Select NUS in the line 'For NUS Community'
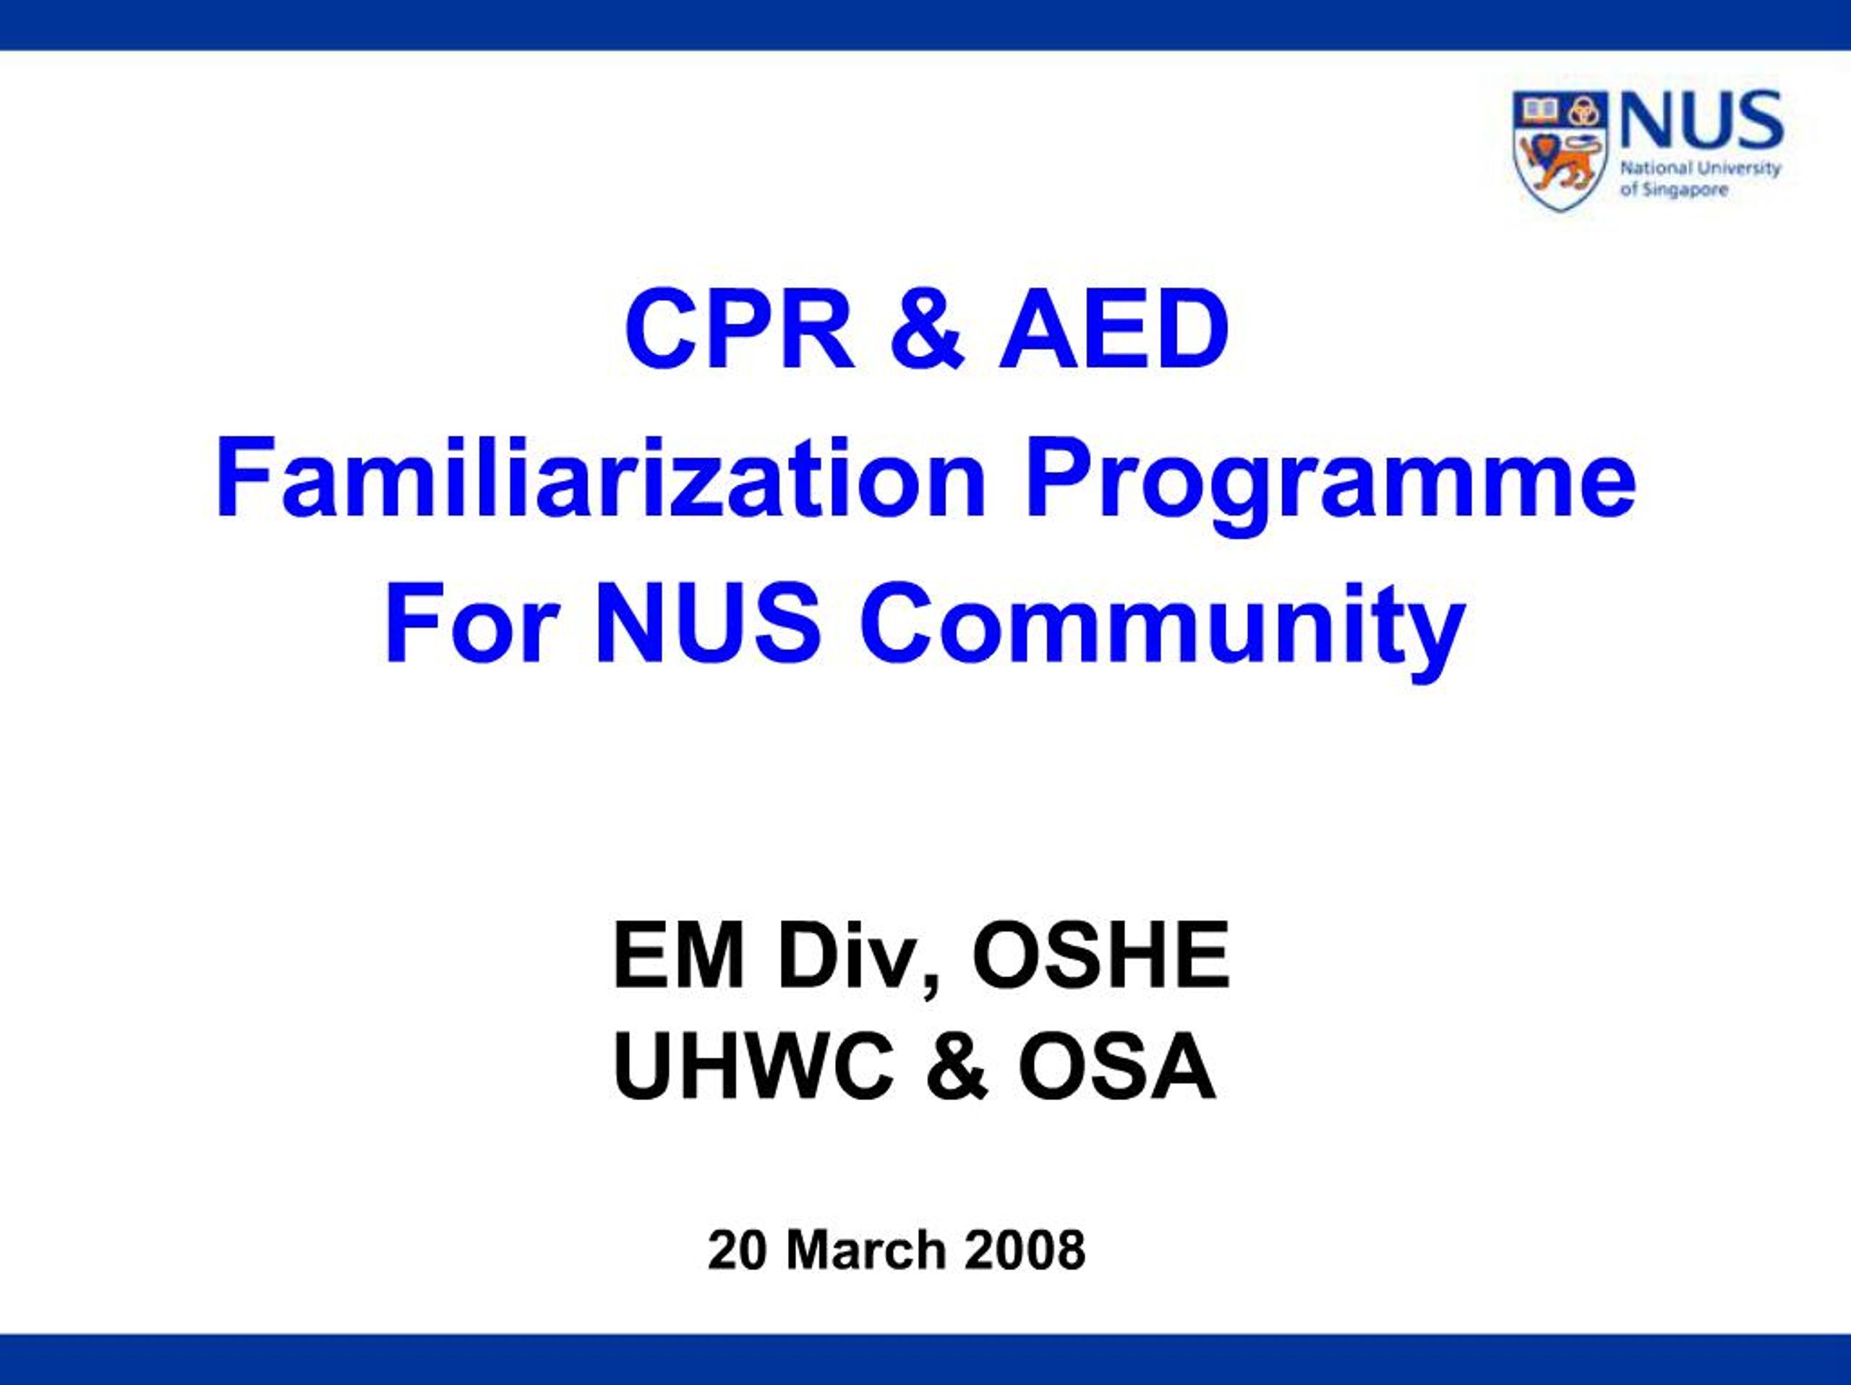click(x=708, y=623)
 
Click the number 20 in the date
click(x=736, y=1250)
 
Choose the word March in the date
click(x=865, y=1250)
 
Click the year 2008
click(x=1025, y=1250)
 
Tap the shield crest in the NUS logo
click(x=1560, y=149)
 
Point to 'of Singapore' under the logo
click(x=1674, y=190)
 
